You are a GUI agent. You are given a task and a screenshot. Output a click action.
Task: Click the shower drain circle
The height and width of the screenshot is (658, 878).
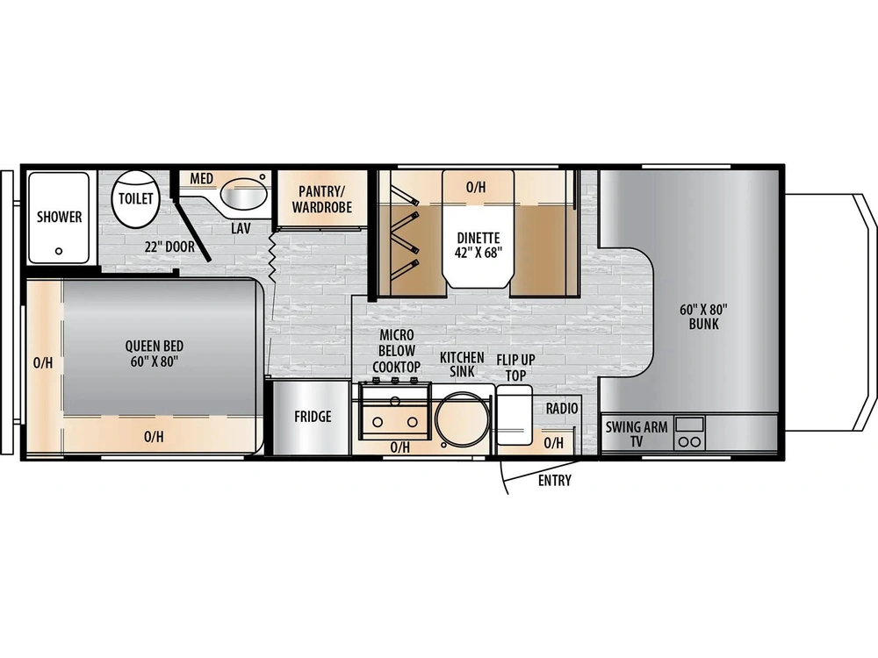59,250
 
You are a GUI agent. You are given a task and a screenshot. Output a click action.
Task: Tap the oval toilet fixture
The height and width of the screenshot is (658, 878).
135,197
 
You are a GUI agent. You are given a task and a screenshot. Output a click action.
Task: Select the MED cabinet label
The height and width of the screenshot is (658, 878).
202,179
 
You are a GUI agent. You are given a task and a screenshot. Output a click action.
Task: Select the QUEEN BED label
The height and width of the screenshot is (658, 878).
155,354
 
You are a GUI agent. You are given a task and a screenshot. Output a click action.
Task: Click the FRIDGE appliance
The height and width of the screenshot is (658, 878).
313,417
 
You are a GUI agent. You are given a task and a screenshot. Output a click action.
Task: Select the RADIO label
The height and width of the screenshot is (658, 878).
561,408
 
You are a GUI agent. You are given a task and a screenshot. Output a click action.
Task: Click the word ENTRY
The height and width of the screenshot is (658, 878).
554,480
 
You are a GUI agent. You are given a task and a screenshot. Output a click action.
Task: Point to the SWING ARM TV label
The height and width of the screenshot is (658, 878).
636,434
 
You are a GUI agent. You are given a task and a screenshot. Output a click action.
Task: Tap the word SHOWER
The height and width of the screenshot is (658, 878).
60,217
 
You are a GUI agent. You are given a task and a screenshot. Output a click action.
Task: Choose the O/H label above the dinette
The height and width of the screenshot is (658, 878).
476,186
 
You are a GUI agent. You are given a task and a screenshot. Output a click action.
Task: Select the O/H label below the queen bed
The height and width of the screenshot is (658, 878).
154,436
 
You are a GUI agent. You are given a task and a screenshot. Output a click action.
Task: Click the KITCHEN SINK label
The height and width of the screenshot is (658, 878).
462,363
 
